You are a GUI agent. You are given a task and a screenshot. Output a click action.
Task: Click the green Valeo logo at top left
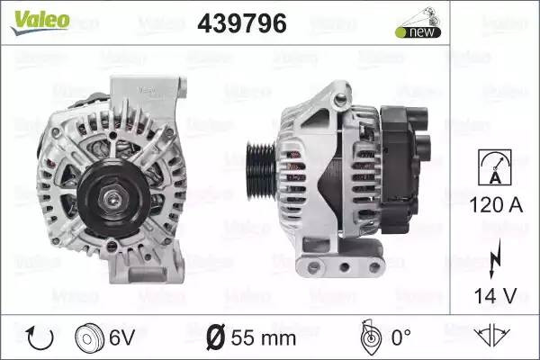click(x=40, y=22)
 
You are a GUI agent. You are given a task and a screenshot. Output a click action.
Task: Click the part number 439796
click(x=242, y=23)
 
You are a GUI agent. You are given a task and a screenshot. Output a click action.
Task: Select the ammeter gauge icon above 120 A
click(x=495, y=167)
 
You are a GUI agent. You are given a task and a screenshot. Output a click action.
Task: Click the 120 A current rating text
click(x=496, y=205)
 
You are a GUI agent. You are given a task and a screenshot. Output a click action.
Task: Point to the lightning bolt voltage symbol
click(x=495, y=258)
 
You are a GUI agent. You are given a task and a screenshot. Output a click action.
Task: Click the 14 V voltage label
click(x=496, y=296)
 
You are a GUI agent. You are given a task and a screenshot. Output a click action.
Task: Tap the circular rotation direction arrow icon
click(x=40, y=337)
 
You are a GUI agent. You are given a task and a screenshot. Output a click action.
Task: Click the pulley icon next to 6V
click(x=89, y=337)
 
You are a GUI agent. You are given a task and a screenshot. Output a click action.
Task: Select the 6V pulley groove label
click(x=121, y=337)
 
